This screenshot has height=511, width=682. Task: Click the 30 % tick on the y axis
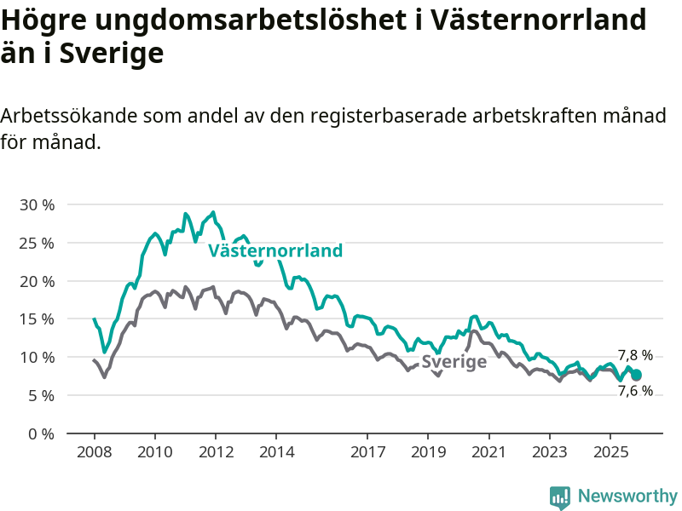click(x=37, y=205)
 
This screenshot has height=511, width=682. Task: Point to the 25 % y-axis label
click(x=37, y=243)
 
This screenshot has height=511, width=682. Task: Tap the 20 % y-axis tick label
click(x=37, y=281)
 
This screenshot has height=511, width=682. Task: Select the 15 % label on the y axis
click(x=37, y=319)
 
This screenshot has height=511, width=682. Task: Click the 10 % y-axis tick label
click(x=37, y=357)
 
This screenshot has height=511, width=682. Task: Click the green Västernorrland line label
click(x=275, y=250)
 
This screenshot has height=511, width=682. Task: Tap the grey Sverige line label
click(x=454, y=361)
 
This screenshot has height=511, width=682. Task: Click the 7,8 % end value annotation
click(x=635, y=355)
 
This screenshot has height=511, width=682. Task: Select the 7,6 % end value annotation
click(x=635, y=391)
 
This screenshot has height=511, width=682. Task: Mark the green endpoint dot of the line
click(x=636, y=375)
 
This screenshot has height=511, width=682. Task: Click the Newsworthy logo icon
click(x=560, y=497)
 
